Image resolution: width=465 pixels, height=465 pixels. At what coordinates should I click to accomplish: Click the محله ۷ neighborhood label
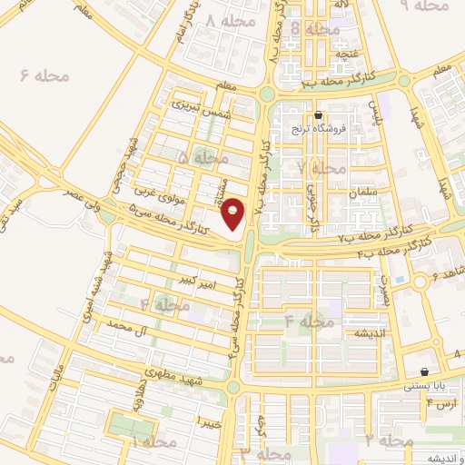(x=321, y=168)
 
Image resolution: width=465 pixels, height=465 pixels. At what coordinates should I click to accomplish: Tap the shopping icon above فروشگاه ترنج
(x=318, y=115)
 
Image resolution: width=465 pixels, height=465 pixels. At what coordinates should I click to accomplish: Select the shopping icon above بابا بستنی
(x=425, y=371)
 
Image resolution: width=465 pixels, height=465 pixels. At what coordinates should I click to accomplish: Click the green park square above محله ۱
(x=132, y=425)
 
